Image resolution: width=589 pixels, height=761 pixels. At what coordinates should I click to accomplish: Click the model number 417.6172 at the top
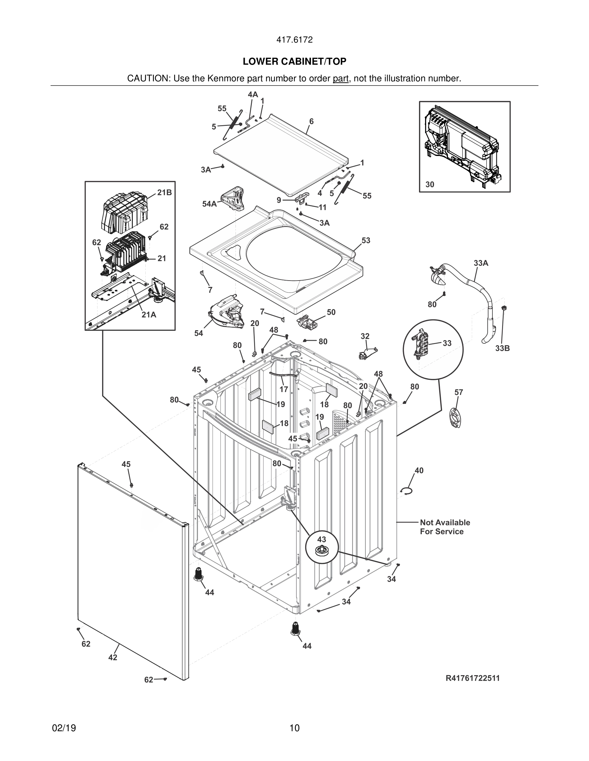point(294,40)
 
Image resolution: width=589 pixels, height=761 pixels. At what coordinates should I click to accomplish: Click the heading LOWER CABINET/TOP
point(294,62)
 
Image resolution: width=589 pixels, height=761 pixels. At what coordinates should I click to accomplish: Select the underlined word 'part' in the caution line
point(341,78)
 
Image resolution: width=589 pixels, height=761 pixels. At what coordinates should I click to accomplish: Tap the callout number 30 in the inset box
point(430,185)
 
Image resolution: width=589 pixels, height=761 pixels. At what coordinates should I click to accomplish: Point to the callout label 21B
point(164,193)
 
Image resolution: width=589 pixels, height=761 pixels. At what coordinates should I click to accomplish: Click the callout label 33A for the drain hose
point(481,263)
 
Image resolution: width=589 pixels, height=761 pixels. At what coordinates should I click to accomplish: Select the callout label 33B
point(502,348)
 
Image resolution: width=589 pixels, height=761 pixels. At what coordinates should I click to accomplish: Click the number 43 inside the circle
point(321,539)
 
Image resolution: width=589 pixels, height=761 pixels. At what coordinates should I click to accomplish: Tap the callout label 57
point(458,392)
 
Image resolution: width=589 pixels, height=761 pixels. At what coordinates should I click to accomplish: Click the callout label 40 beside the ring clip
point(419,471)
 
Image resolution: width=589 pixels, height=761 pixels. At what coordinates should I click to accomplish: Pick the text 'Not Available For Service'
point(445,527)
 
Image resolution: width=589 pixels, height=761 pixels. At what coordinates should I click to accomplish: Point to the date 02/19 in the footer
point(64,728)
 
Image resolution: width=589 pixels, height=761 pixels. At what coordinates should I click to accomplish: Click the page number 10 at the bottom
point(294,728)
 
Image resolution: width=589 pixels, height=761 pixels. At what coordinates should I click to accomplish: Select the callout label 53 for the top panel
point(366,241)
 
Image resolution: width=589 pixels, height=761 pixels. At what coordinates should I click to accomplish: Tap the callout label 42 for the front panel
point(113,658)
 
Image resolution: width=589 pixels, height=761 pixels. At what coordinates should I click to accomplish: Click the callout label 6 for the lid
point(311,121)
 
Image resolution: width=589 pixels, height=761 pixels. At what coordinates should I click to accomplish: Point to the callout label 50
point(331,312)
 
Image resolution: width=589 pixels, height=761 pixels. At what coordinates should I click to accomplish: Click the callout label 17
point(284,389)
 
